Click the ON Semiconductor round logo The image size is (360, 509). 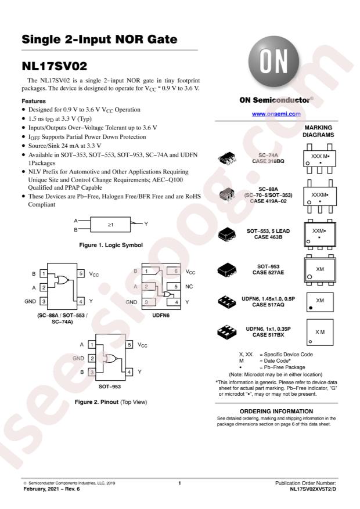[273, 62]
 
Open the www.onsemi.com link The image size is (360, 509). [276, 114]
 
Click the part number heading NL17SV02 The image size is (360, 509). [54, 66]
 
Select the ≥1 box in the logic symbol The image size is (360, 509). [110, 224]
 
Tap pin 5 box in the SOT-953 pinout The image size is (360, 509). [129, 344]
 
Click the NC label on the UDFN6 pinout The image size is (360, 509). [189, 287]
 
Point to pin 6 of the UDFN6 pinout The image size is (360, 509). [174, 271]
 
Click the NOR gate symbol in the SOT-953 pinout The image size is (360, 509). [110, 358]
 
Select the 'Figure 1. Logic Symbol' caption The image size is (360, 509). [111, 245]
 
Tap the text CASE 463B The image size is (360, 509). [268, 237]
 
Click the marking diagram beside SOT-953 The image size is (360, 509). [320, 270]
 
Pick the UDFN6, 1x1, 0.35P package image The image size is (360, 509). [227, 332]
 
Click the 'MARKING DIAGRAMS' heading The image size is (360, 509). [318, 131]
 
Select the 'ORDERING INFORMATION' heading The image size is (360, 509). [276, 411]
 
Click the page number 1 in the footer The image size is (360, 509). [179, 483]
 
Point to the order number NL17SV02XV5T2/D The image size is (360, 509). [313, 489]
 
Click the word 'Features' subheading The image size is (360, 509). [34, 102]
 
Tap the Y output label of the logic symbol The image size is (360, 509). [146, 223]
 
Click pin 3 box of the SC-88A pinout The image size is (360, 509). [44, 301]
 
